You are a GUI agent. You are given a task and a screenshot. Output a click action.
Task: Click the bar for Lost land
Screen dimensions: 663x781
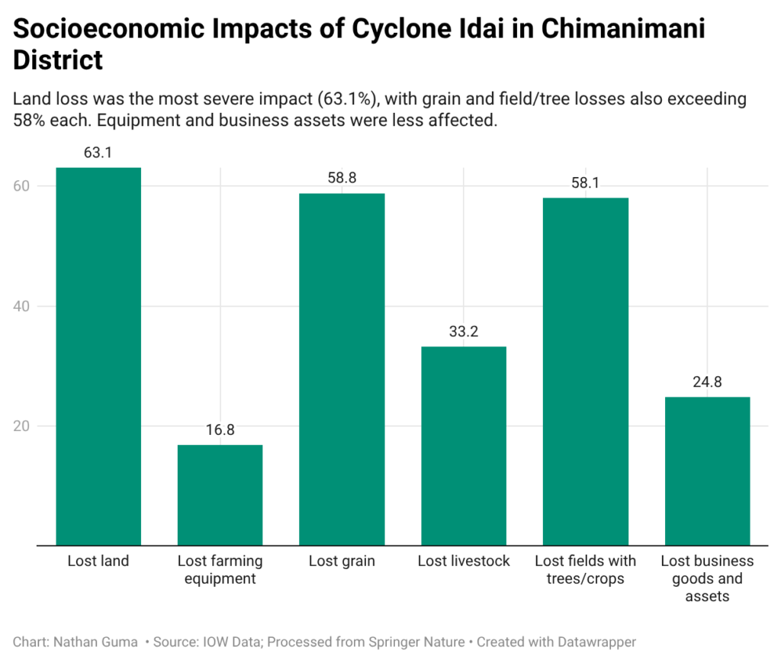98,356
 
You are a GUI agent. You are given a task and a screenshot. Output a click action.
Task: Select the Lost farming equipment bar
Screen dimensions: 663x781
220,495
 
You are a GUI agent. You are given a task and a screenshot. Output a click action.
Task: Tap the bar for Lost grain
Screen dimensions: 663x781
342,369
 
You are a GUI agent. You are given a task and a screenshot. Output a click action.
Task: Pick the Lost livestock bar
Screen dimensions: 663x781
463,446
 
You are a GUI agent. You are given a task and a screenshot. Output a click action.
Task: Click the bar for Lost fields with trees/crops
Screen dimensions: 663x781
585,372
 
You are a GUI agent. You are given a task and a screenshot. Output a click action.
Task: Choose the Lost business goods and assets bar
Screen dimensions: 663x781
707,471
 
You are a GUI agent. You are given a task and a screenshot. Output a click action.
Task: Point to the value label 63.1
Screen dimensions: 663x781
98,153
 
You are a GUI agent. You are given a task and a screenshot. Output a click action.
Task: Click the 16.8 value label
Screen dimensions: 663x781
220,430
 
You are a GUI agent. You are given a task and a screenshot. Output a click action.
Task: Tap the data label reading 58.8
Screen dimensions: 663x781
342,179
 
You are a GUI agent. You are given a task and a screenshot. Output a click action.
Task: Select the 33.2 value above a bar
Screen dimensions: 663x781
463,332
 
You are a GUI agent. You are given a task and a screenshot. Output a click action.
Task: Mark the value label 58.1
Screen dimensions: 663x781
585,183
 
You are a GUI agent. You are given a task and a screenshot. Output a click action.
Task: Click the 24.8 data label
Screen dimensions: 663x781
707,382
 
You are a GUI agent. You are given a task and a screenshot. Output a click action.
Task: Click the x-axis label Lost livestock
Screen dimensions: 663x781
463,562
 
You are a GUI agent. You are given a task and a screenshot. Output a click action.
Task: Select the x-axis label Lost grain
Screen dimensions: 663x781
342,562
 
